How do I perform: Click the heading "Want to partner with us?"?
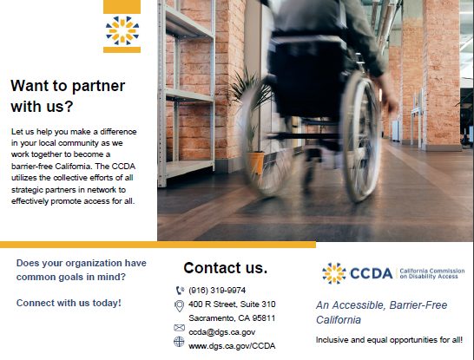click(x=67, y=96)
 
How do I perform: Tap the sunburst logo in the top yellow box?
click(x=122, y=29)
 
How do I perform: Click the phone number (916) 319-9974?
click(x=217, y=290)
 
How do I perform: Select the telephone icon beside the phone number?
click(x=180, y=290)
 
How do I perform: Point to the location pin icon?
click(x=180, y=304)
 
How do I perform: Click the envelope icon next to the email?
click(x=180, y=329)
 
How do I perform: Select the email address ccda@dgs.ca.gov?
click(x=221, y=331)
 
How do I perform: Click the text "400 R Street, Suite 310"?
click(x=232, y=304)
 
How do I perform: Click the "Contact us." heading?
click(x=225, y=267)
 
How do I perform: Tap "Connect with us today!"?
click(x=69, y=303)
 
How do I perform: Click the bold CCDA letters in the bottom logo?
click(x=372, y=274)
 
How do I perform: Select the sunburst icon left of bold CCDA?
click(x=333, y=274)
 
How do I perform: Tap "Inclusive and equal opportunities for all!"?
click(x=389, y=340)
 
